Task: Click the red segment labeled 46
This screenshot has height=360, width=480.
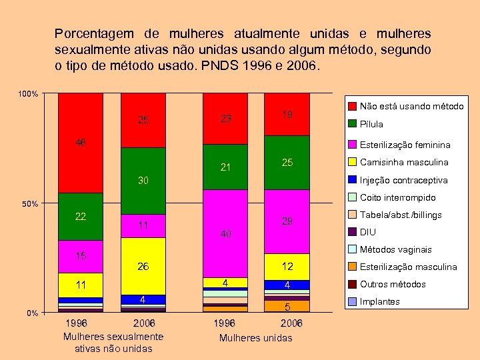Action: tap(80, 143)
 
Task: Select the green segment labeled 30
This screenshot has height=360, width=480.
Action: tap(143, 180)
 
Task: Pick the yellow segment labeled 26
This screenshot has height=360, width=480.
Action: tap(143, 266)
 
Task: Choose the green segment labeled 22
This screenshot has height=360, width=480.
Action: tap(80, 217)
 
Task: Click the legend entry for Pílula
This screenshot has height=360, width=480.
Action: tap(371, 124)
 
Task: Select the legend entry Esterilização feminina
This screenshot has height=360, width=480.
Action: tap(404, 145)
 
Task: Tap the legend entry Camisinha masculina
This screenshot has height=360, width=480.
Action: tap(403, 162)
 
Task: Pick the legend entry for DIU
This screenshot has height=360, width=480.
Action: tap(367, 232)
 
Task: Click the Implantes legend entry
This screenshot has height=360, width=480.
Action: tap(379, 301)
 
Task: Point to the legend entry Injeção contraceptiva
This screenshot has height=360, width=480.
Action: tap(403, 180)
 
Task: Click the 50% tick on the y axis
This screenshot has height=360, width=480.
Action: tap(29, 203)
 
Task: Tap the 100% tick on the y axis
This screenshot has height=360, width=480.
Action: tap(27, 94)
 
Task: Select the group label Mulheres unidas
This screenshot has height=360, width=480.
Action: tap(256, 338)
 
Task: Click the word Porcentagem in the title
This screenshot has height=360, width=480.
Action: tap(93, 33)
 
